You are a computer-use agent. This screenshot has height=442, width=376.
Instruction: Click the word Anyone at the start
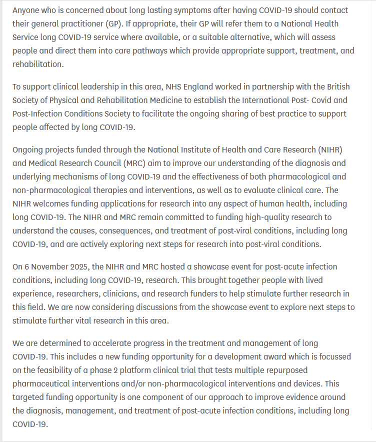pos(26,10)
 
